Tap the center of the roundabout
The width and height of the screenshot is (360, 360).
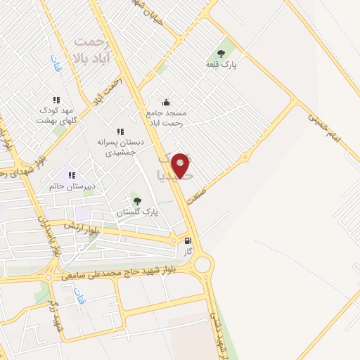203,265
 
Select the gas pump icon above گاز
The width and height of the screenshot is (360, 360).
187,240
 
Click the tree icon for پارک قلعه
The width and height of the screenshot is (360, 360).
221,53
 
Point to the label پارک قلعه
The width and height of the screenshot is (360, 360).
221,65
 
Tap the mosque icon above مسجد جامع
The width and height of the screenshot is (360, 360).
166,102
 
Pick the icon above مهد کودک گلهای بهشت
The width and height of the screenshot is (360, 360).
56,101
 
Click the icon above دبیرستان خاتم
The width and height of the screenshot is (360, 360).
70,175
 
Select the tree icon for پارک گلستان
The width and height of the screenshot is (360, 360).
137,200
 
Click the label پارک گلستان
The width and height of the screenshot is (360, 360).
138,212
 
